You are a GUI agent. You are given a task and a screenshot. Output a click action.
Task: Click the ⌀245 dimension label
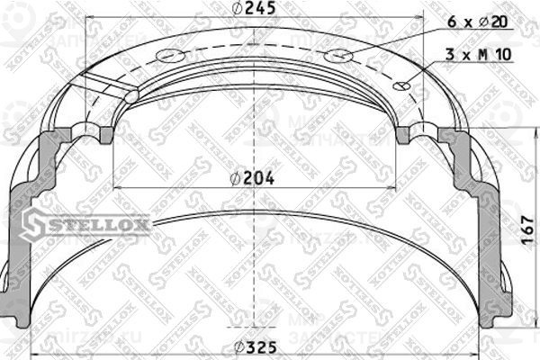point(254,10)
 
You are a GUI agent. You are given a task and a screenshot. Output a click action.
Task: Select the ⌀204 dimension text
point(253,178)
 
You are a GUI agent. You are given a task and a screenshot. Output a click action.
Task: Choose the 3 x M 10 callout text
point(479,55)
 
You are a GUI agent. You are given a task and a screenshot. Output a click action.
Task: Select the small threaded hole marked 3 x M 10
point(403,87)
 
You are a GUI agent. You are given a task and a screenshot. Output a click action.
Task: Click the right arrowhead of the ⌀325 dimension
point(482,348)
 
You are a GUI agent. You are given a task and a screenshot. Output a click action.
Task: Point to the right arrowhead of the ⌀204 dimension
point(395,187)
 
